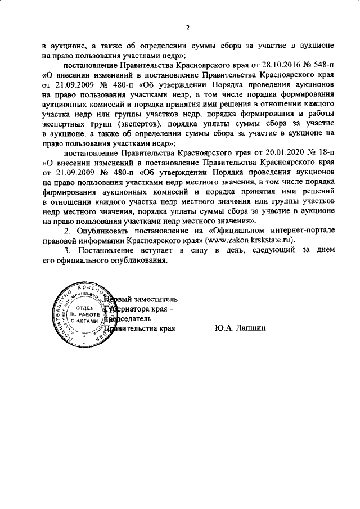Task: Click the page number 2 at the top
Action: (188, 28)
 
